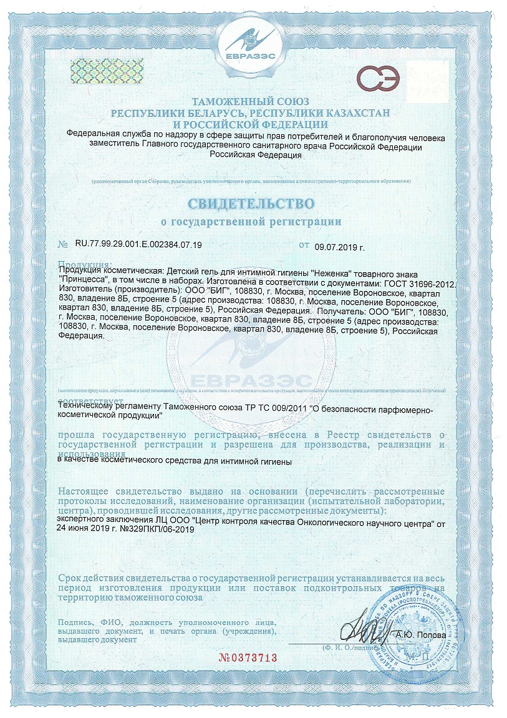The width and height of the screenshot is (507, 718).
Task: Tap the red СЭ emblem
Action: coord(375,80)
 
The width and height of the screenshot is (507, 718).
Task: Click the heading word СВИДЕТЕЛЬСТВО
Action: coord(249,204)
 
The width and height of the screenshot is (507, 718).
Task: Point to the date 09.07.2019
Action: coord(340,246)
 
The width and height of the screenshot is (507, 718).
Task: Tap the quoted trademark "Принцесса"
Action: coord(83,284)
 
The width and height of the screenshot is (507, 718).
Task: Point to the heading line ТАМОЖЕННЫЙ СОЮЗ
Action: coord(249,101)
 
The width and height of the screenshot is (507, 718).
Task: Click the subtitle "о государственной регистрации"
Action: coord(251,222)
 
